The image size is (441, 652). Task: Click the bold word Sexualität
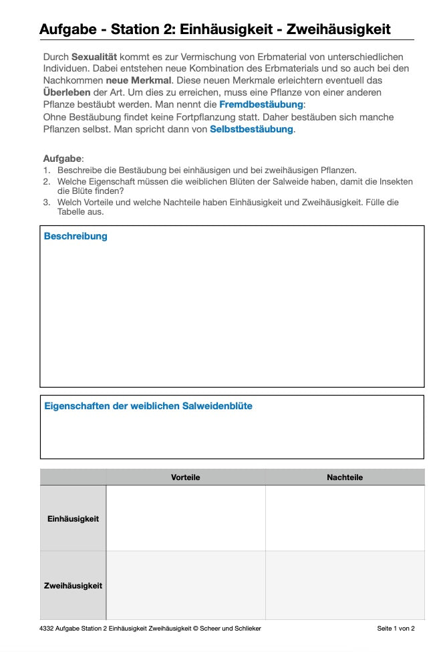pyautogui.click(x=94, y=58)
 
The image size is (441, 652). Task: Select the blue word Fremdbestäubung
pyautogui.click(x=261, y=104)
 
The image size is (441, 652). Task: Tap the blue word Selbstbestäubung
pyautogui.click(x=251, y=128)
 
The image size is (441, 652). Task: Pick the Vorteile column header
pyautogui.click(x=185, y=477)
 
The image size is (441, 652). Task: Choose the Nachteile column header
pyautogui.click(x=345, y=477)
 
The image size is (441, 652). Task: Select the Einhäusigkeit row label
pyautogui.click(x=73, y=518)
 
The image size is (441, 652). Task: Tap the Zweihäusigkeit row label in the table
pyautogui.click(x=73, y=586)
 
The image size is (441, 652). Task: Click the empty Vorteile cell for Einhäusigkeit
pyautogui.click(x=185, y=518)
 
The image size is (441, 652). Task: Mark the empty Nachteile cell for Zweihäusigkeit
pyautogui.click(x=345, y=586)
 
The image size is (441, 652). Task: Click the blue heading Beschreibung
pyautogui.click(x=76, y=236)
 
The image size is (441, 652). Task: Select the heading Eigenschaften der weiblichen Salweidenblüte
pyautogui.click(x=148, y=406)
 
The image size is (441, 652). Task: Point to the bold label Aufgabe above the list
pyautogui.click(x=62, y=158)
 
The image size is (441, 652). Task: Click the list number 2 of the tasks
pyautogui.click(x=47, y=181)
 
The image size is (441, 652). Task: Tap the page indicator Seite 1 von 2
pyautogui.click(x=396, y=629)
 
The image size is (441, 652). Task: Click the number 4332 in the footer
pyautogui.click(x=47, y=629)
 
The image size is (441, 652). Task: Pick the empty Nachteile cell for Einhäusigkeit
pyautogui.click(x=345, y=518)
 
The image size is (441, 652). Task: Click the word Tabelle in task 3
pyautogui.click(x=71, y=212)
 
